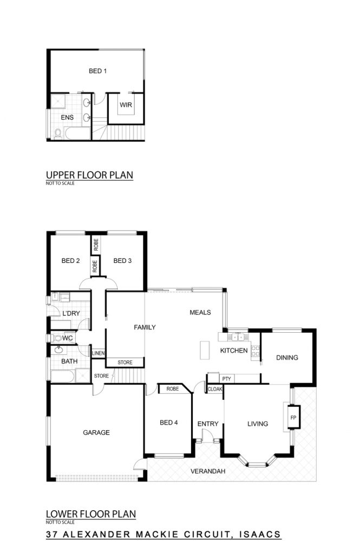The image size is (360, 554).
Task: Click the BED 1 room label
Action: click(x=97, y=71)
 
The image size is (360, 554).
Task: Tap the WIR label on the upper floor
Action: click(x=126, y=105)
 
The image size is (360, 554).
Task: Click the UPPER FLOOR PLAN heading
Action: click(x=89, y=175)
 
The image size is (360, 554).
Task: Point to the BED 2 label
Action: click(x=70, y=261)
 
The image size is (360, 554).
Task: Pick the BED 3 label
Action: click(x=122, y=261)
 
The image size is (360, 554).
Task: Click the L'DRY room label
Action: click(x=71, y=313)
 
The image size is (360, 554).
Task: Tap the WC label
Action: click(x=68, y=338)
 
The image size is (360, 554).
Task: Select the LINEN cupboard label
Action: click(x=99, y=353)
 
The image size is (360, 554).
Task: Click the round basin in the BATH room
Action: click(x=58, y=351)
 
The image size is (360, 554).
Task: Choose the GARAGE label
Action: click(x=96, y=432)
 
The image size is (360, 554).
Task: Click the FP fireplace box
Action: click(x=293, y=417)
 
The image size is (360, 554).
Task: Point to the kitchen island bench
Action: click(x=205, y=350)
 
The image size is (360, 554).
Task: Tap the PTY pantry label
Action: click(x=227, y=379)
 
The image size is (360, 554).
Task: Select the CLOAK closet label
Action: click(x=215, y=389)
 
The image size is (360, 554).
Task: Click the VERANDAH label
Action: click(x=208, y=471)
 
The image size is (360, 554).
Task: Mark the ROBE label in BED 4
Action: click(x=173, y=388)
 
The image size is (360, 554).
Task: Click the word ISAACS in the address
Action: click(x=260, y=534)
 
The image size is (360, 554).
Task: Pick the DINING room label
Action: click(x=287, y=358)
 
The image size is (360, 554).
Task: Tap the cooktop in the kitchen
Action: click(x=256, y=351)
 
